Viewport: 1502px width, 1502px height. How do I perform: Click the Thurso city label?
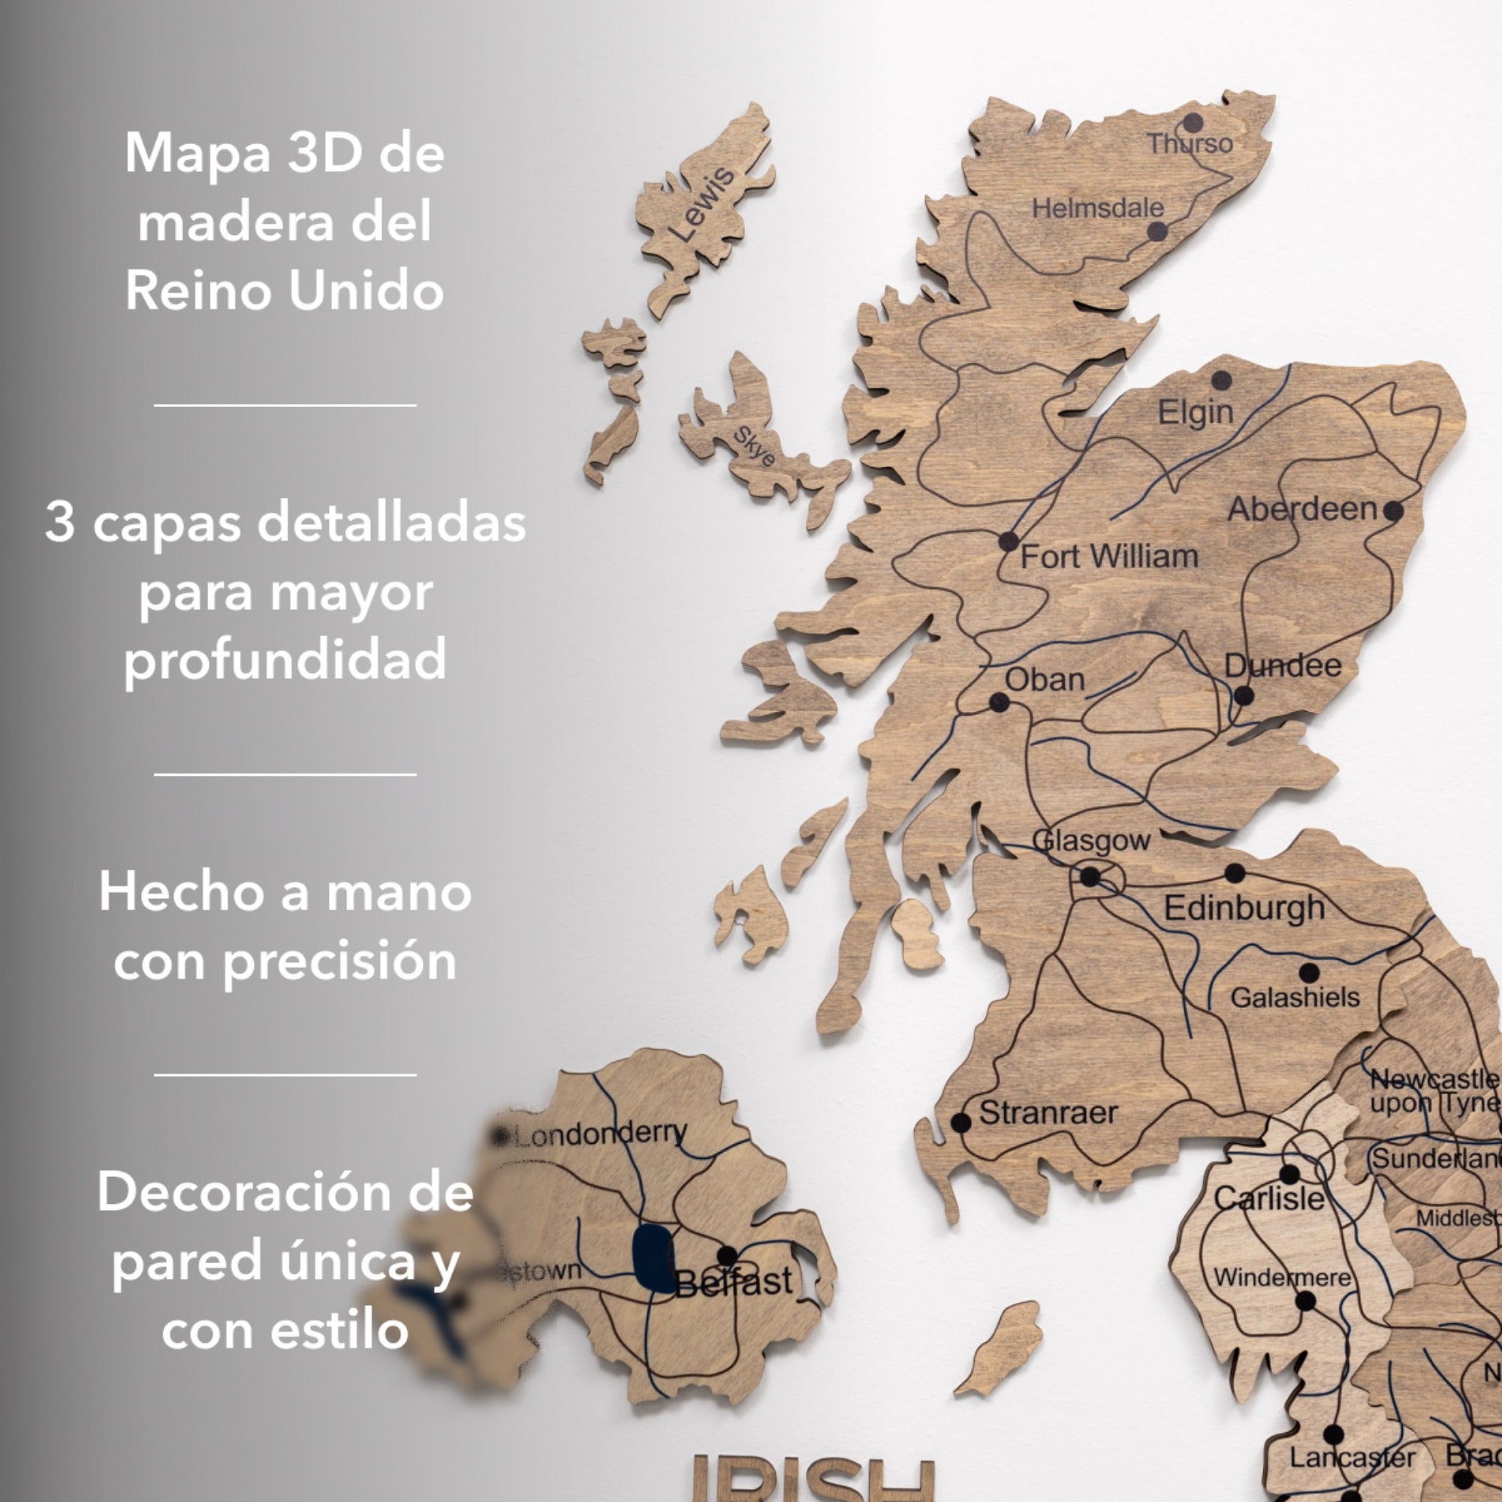[x=1190, y=144]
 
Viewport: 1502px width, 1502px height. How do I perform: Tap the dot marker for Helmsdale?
[x=1157, y=231]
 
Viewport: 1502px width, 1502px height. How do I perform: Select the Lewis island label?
[x=701, y=204]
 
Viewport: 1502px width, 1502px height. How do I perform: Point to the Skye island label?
[x=755, y=446]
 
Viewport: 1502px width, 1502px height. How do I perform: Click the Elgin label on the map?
[x=1196, y=412]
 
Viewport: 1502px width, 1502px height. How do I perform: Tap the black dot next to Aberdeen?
[x=1393, y=511]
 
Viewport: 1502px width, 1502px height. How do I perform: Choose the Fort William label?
[x=1108, y=556]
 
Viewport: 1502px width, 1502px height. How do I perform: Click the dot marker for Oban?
[x=999, y=703]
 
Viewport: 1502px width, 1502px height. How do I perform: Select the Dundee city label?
[x=1283, y=665]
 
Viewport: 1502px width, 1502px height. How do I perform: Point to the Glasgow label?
[x=1090, y=840]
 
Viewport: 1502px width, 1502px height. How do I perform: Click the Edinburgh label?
[x=1244, y=908]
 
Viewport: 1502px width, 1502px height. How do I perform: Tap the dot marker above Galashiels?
[x=1309, y=972]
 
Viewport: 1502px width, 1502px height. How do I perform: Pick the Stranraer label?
[x=1048, y=1112]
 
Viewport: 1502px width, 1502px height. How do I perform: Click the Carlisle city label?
[x=1268, y=1198]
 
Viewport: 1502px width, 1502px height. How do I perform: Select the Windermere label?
[x=1282, y=1277]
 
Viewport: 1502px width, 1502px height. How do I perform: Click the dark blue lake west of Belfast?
[x=653, y=1258]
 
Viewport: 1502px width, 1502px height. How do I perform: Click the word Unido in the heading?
[x=366, y=291]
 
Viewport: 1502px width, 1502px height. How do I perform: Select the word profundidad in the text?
[x=285, y=659]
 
